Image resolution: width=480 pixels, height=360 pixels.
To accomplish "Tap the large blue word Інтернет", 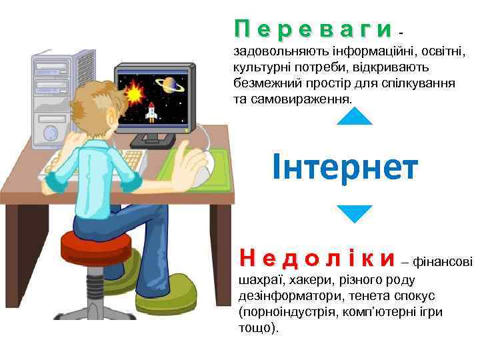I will pos(345,167).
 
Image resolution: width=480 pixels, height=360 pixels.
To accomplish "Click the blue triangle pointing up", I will pos(354,117).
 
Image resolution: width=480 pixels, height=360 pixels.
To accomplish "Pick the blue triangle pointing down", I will pos(354,213).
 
